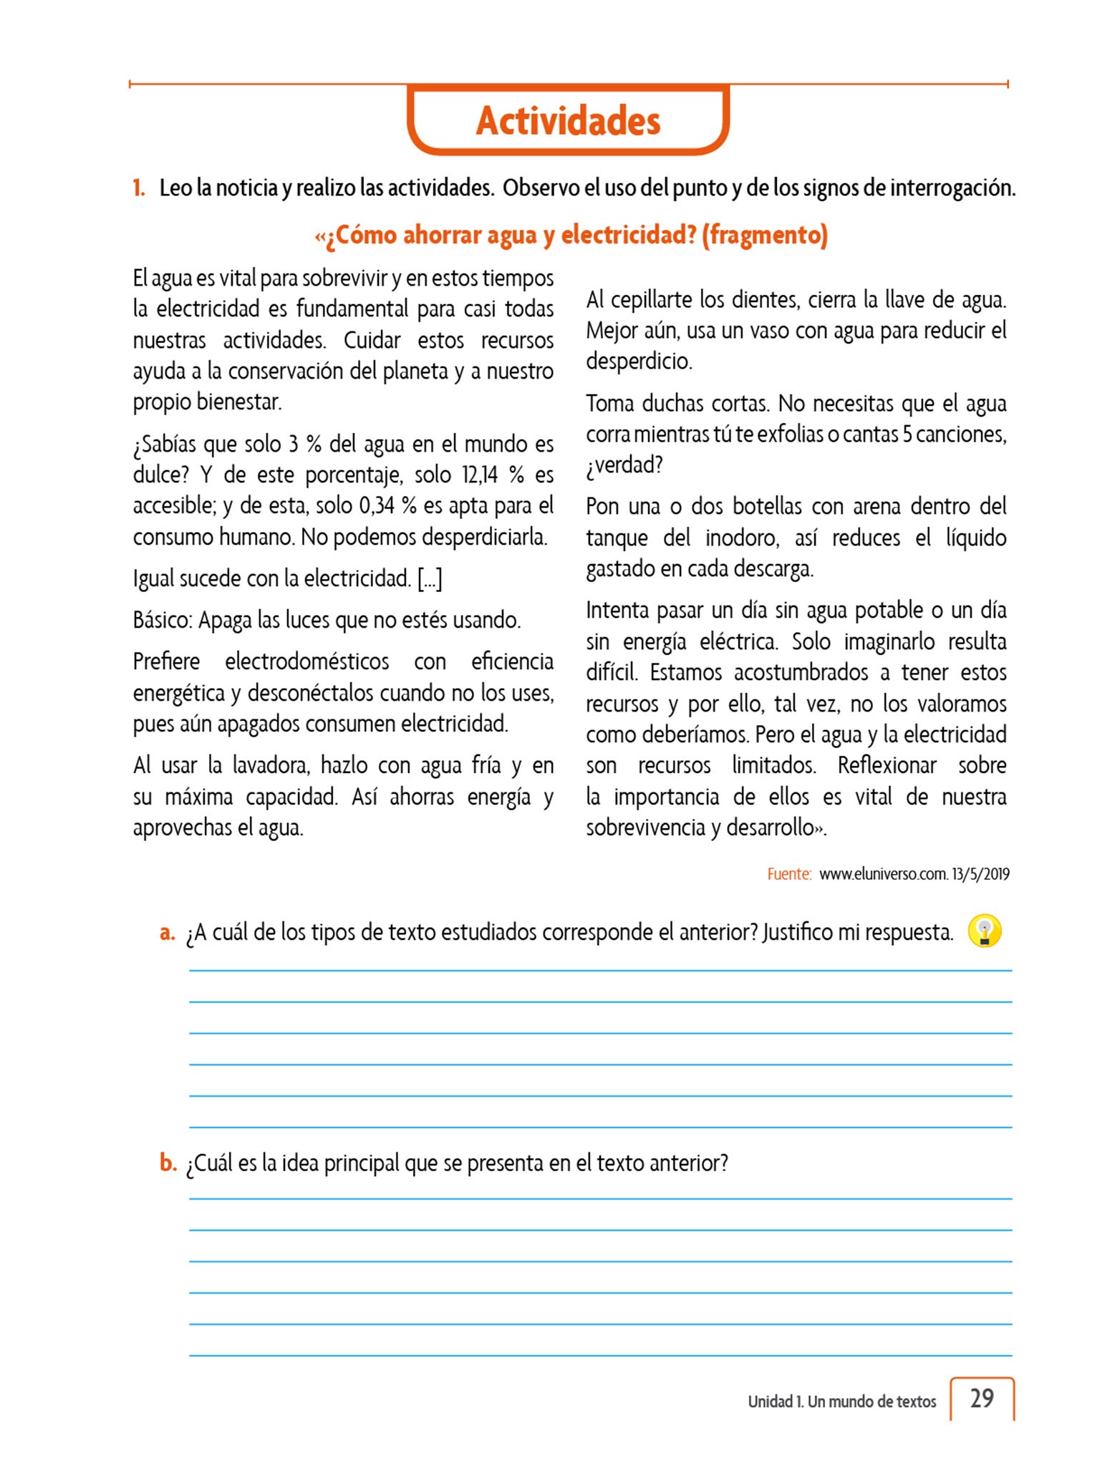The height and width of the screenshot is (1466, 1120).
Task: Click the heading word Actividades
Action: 568,120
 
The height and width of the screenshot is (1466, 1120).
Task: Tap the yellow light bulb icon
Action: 984,931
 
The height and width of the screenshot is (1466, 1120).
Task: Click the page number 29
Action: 982,1398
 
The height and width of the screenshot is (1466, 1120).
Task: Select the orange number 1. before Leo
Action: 139,188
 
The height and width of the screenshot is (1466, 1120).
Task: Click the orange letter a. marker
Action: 168,933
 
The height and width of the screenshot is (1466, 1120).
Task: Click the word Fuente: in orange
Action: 789,874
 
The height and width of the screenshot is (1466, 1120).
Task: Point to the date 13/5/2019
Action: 981,874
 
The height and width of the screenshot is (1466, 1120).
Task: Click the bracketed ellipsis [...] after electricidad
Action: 430,578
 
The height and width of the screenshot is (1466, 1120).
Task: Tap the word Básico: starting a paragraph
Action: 163,620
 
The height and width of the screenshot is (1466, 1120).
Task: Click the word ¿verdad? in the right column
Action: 624,465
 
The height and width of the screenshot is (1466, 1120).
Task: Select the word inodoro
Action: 741,538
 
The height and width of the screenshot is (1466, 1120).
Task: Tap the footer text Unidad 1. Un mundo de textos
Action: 841,1402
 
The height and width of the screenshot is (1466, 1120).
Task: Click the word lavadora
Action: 271,766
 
